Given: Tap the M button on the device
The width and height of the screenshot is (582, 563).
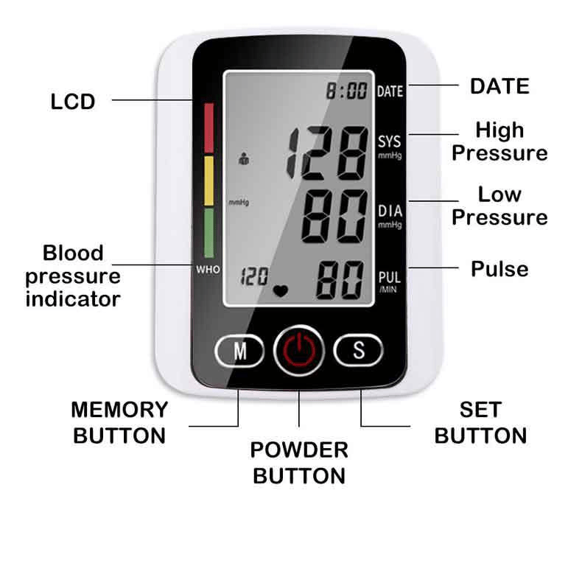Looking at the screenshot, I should [x=240, y=351].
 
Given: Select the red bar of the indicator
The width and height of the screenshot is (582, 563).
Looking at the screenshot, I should [x=208, y=127].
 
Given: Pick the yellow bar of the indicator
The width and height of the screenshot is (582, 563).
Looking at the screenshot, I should [x=208, y=181].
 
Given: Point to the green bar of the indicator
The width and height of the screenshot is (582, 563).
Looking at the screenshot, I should [x=208, y=232].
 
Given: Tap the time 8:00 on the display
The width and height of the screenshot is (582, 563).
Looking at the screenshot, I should [x=347, y=91].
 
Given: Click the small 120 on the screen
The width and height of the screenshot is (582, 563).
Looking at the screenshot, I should [x=254, y=277].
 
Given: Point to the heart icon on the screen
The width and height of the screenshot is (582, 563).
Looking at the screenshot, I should [x=281, y=290].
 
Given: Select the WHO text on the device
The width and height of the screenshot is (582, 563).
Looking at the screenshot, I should [x=208, y=270].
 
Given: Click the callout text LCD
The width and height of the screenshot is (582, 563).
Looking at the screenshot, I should [x=73, y=101].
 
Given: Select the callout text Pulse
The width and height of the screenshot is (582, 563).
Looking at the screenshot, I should [x=499, y=268].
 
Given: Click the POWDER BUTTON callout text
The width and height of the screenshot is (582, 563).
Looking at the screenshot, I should [x=298, y=462].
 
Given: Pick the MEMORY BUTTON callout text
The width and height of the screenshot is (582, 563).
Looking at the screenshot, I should [x=119, y=422].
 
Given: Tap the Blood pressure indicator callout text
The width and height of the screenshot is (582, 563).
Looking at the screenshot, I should [x=73, y=276].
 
